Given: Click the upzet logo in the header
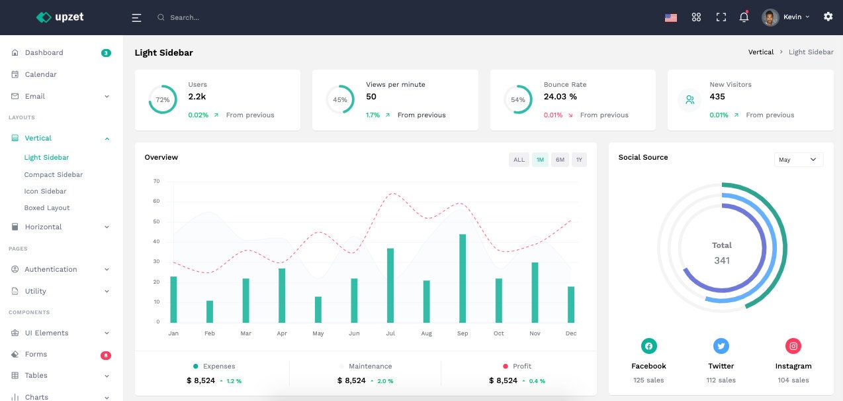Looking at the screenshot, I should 60,17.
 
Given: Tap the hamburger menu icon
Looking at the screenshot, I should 136,18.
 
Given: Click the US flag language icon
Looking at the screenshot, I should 670,18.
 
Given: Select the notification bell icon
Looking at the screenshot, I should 744,17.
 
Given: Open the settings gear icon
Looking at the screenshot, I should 828,17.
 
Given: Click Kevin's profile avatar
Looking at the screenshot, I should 770,17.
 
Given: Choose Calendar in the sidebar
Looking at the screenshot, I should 40,74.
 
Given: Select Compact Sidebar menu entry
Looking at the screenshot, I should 54,174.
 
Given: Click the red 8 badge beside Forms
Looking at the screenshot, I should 105,355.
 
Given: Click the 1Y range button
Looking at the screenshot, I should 579,160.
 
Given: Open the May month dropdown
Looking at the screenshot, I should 798,160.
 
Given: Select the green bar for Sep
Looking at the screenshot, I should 463,278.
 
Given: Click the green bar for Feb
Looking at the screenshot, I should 210,312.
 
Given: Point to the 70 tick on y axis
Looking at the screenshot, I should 156,181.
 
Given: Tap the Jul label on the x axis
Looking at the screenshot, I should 390,333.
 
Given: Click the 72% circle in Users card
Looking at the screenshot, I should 163,100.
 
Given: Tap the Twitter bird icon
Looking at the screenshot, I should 721,346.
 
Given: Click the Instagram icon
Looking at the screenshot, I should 793,346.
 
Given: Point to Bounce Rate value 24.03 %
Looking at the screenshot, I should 560,97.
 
